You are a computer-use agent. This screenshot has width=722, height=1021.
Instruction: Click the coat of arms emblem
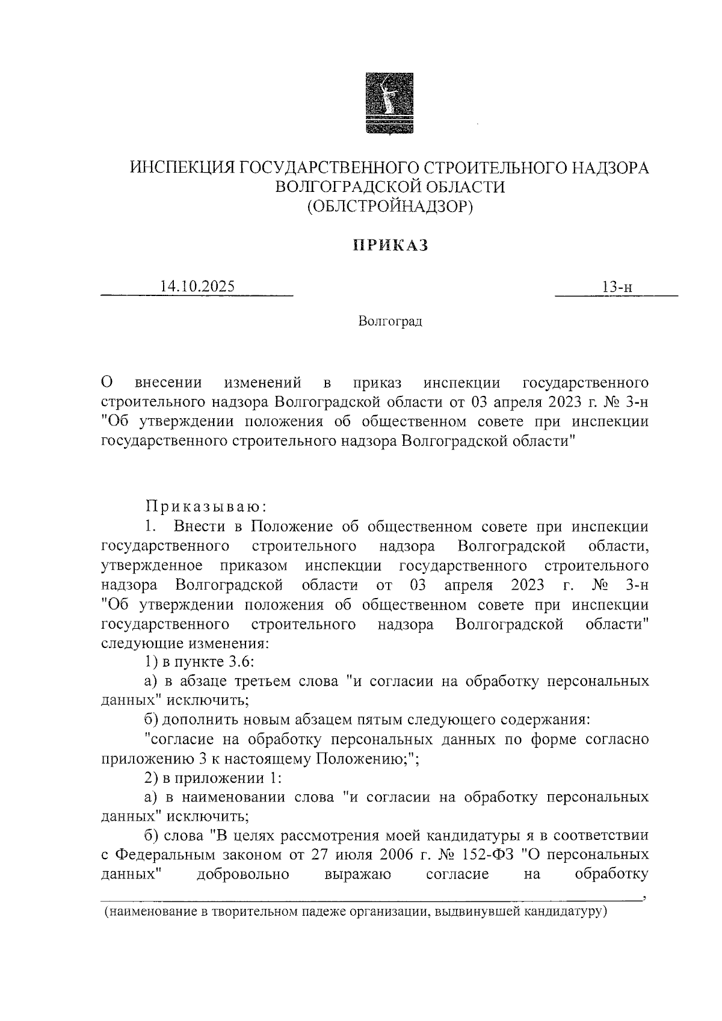click(x=390, y=102)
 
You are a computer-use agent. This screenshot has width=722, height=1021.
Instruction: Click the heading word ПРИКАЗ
click(x=390, y=245)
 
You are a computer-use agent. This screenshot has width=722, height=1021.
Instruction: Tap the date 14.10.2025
click(x=197, y=286)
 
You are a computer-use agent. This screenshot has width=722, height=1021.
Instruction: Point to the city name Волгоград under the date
click(x=390, y=321)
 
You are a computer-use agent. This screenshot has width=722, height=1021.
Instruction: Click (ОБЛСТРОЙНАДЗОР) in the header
click(x=390, y=206)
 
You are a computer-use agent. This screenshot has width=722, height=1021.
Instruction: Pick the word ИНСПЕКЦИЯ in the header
click(x=183, y=168)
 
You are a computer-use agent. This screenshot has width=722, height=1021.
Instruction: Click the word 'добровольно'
click(x=243, y=874)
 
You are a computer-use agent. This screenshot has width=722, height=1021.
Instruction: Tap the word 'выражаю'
click(x=357, y=874)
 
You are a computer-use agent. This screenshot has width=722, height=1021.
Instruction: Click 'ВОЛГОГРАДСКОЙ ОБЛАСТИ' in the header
click(x=390, y=187)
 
